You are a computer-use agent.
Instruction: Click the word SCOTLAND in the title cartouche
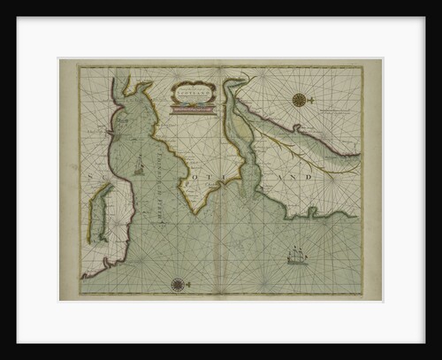193,90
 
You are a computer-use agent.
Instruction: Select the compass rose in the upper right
301,99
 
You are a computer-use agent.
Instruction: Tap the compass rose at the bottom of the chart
178,285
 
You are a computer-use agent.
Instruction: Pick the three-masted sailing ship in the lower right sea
297,257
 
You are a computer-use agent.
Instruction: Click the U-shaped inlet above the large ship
309,212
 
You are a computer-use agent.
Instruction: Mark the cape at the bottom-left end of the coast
85,276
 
